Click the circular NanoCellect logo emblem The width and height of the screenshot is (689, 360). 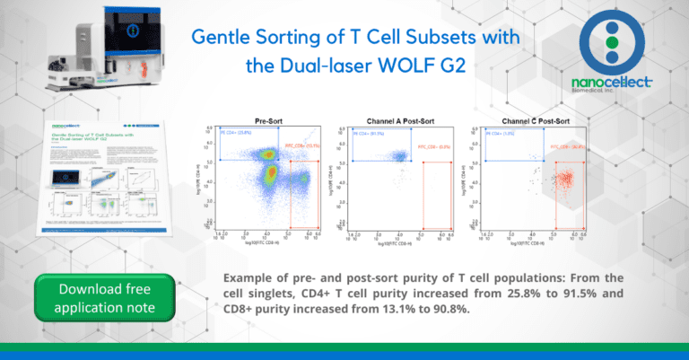tap(611, 44)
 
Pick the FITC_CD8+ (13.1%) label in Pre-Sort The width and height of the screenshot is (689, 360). tap(301, 145)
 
